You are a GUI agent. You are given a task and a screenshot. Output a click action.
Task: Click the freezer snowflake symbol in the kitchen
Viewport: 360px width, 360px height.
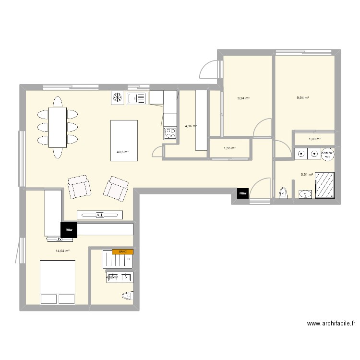pyautogui.click(x=118, y=98)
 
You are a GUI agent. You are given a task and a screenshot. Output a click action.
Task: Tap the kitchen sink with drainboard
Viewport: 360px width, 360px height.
pyautogui.click(x=136, y=98)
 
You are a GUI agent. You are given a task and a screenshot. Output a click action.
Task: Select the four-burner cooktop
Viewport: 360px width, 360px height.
pyautogui.click(x=170, y=133)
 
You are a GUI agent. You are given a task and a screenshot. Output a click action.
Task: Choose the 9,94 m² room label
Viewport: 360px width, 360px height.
pyautogui.click(x=303, y=98)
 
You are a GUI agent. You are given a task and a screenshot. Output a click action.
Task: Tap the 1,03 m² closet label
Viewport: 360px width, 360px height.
pyautogui.click(x=314, y=139)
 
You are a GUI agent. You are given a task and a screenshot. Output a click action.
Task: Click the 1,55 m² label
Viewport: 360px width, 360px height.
pyautogui.click(x=230, y=148)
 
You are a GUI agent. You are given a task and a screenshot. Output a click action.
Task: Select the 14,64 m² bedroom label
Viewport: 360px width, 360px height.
pyautogui.click(x=63, y=251)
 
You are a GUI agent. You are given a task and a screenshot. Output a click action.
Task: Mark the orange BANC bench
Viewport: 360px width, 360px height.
pyautogui.click(x=122, y=252)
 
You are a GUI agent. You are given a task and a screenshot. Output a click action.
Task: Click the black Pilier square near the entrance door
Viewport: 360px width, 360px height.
pyautogui.click(x=243, y=193)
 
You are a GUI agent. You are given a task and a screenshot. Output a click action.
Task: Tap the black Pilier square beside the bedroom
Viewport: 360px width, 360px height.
pyautogui.click(x=69, y=229)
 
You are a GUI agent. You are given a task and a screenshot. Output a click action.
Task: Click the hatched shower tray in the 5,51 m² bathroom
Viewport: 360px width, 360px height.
pyautogui.click(x=326, y=184)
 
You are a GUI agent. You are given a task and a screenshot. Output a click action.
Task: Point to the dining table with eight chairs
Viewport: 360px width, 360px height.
pyautogui.click(x=57, y=127)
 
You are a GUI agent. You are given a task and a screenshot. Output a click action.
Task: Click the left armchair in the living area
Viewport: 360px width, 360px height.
pyautogui.click(x=79, y=187)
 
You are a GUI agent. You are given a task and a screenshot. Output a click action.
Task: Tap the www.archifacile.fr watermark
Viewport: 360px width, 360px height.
pyautogui.click(x=331, y=324)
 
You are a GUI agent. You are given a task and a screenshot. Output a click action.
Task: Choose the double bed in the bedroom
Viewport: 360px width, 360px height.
pyautogui.click(x=58, y=282)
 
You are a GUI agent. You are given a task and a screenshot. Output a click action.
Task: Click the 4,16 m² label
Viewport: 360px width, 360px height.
pyautogui.click(x=191, y=126)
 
